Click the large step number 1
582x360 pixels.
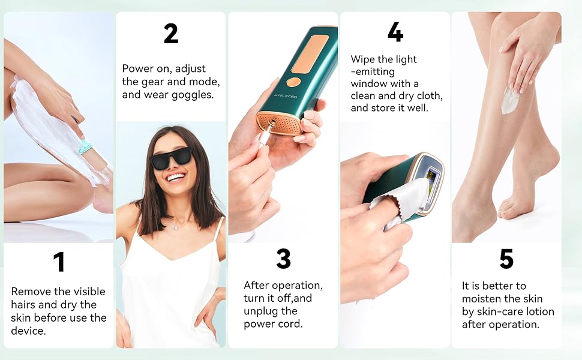click(x=58, y=262)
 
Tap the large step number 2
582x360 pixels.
click(x=171, y=34)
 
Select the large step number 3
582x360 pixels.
click(x=283, y=259)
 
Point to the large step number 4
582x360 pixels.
click(x=395, y=32)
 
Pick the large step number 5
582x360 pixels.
click(x=506, y=259)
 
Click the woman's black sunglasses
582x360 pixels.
click(x=170, y=157)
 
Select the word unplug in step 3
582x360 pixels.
click(x=262, y=311)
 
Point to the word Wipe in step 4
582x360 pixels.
click(x=363, y=59)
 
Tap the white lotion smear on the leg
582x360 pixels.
click(x=510, y=100)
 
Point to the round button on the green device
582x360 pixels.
click(x=293, y=82)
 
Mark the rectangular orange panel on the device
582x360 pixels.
click(x=310, y=53)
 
